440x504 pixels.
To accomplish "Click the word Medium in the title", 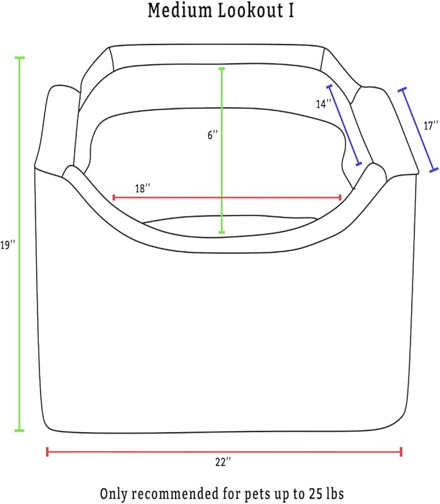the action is tap(180, 10).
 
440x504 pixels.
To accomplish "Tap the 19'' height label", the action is tap(8, 246).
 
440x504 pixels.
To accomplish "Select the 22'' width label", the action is tap(223, 462).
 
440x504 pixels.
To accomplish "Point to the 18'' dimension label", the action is tap(143, 188).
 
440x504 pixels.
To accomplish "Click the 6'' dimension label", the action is tap(213, 135).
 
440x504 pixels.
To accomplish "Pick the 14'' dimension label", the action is tap(323, 104).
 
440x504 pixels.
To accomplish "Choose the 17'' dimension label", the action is tap(431, 126).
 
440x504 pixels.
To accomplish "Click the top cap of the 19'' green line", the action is tap(19, 58).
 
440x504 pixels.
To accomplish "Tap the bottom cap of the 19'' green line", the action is tap(19, 431).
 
